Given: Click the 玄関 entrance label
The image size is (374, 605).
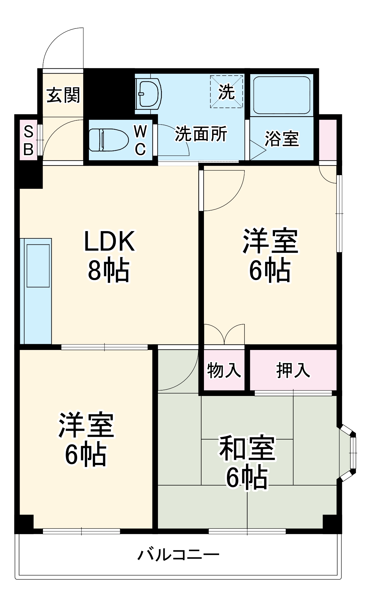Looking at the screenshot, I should click(x=63, y=95).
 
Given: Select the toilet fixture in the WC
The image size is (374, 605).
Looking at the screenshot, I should click(x=108, y=140).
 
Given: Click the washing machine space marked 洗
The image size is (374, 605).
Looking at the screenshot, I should click(x=227, y=91).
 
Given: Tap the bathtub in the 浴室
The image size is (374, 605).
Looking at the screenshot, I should click(x=281, y=95).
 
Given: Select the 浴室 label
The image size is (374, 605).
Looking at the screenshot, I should click(x=282, y=139).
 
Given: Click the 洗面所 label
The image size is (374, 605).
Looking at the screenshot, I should click(x=201, y=133).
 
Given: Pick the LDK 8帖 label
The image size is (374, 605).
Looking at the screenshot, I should click(x=109, y=256).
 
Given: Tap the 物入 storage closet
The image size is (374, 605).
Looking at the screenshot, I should click(x=224, y=370).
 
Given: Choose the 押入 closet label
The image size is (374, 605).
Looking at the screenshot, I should click(x=293, y=370).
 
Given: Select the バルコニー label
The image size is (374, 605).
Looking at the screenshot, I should click(x=179, y=555).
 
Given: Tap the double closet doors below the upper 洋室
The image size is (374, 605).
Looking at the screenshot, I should click(x=224, y=335).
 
